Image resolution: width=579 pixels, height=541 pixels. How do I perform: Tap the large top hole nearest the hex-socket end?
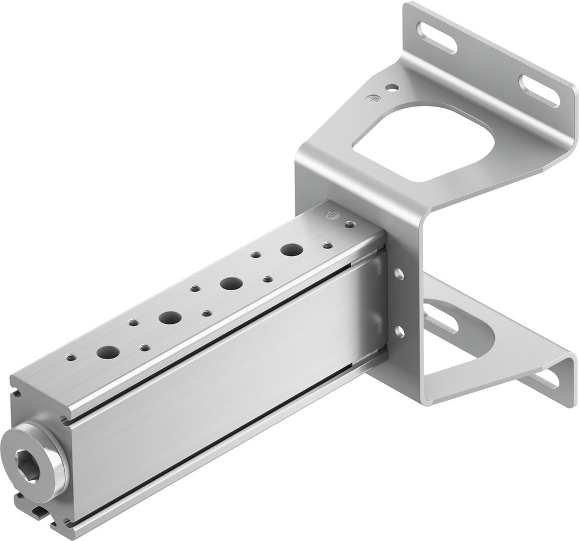pos(108,352)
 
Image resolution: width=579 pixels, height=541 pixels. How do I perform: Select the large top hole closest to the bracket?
pos(292,250)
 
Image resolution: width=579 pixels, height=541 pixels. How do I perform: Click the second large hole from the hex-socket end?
pos(170,317)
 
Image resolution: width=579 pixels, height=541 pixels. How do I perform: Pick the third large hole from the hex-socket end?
pos(231,283)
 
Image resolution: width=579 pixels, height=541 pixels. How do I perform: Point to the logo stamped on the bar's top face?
pos(332,215)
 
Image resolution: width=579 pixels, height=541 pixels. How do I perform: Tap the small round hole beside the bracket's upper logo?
pos(392,88)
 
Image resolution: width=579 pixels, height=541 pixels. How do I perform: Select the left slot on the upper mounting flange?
pos(437,38)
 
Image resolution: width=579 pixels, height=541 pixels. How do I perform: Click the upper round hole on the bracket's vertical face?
pos(399,274)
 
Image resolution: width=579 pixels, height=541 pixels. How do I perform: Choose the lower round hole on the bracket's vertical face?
pos(399,331)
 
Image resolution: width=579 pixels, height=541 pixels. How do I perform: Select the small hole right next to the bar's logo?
pos(349,224)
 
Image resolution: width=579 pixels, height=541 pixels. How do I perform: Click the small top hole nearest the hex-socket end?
pos(71,357)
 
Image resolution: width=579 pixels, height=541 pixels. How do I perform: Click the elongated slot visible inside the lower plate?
pos(441,318)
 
